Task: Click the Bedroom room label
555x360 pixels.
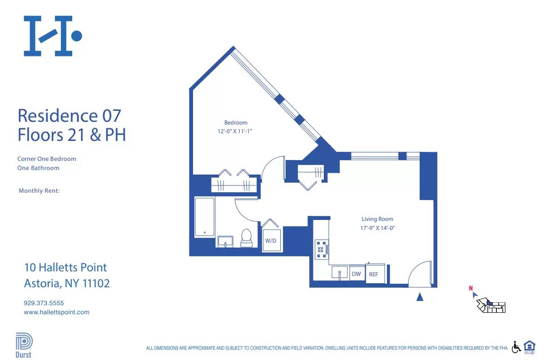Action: (x=236, y=123)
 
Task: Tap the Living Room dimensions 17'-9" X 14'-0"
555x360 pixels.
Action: (x=378, y=228)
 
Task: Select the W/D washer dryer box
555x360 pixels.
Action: (x=271, y=240)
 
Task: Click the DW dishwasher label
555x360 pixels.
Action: (x=357, y=274)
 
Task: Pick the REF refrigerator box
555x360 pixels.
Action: (x=374, y=274)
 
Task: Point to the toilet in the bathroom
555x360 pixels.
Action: (x=246, y=238)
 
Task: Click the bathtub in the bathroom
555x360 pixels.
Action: (x=204, y=217)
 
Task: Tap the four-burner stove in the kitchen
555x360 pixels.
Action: (x=321, y=250)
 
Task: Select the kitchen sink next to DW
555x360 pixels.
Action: (x=340, y=274)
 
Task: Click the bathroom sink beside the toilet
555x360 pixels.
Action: (x=225, y=241)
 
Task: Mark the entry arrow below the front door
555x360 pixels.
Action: (x=420, y=297)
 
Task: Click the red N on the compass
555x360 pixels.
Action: (x=471, y=288)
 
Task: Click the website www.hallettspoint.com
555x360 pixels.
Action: (x=56, y=312)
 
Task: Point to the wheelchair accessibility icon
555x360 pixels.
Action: (x=516, y=347)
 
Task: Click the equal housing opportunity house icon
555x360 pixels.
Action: (x=530, y=346)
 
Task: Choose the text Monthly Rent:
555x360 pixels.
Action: (x=39, y=191)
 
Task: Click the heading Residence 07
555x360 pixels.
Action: (x=69, y=115)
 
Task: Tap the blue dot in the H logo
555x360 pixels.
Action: (x=77, y=36)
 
